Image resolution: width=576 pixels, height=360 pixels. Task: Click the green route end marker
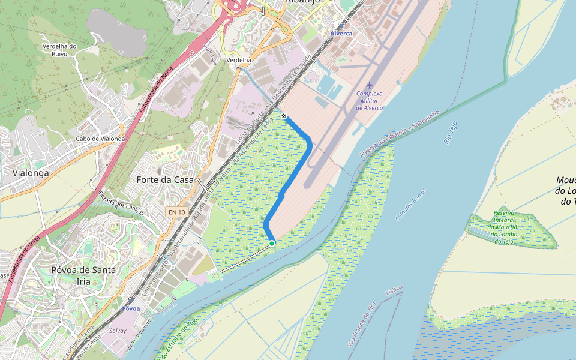272,243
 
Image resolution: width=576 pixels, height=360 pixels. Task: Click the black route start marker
284,116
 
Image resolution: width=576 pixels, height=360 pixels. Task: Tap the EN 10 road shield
176,212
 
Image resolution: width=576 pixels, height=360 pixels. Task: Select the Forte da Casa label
165,179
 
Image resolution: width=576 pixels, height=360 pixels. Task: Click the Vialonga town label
30,173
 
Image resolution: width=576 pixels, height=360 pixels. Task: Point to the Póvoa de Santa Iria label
83,275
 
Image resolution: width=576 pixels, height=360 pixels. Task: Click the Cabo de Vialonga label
100,139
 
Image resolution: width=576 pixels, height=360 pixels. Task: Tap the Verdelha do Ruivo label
59,50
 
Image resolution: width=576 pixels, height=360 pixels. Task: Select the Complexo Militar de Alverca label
369,100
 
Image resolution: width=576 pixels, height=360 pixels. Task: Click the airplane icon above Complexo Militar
369,85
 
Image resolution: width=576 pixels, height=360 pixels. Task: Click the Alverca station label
341,34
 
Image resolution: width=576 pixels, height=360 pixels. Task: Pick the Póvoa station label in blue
131,308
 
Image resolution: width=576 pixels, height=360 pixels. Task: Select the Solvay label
118,331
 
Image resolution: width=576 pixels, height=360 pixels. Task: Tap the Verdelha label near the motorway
239,61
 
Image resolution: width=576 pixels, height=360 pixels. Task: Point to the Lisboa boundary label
394,290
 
